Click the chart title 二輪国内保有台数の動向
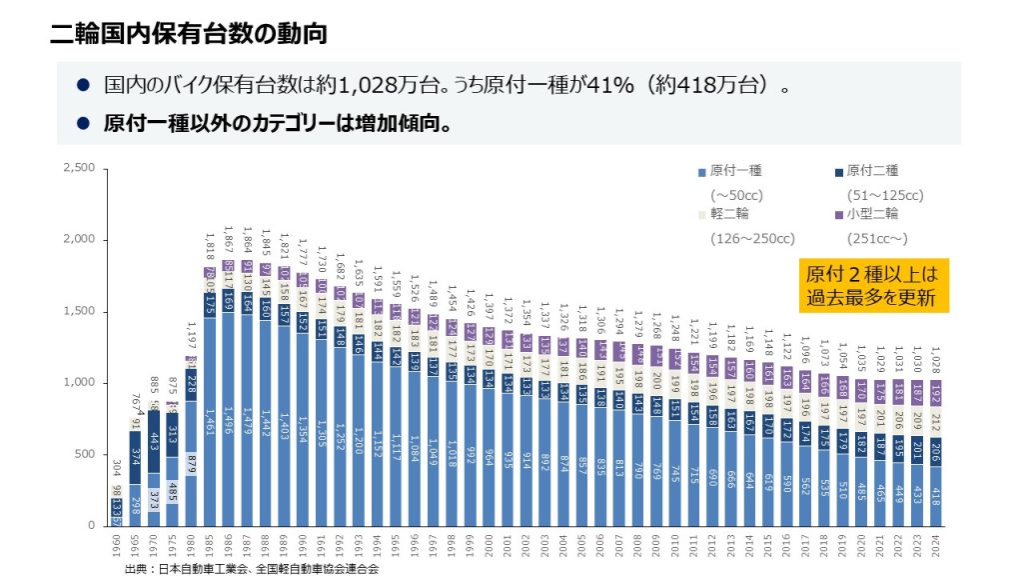pyautogui.click(x=189, y=33)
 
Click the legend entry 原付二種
pyautogui.click(x=864, y=171)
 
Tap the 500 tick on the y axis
pyautogui.click(x=84, y=454)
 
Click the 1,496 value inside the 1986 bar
pyautogui.click(x=230, y=418)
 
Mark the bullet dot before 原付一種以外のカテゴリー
pyautogui.click(x=84, y=125)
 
